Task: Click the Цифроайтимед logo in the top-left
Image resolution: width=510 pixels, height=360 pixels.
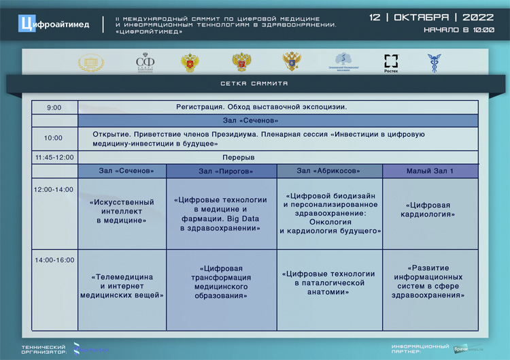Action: click(55, 24)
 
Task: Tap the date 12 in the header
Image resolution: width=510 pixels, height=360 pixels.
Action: click(375, 17)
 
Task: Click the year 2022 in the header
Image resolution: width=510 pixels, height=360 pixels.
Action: click(478, 17)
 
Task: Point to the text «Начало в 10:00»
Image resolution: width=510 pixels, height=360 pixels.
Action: click(458, 30)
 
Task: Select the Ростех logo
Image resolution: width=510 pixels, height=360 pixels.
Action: click(391, 63)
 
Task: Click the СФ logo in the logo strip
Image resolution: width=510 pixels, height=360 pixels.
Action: click(145, 63)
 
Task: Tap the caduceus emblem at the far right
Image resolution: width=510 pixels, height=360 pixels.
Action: click(433, 63)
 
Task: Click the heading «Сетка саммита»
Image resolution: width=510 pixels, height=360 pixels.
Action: click(254, 84)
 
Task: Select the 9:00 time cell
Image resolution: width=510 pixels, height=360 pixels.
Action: click(54, 108)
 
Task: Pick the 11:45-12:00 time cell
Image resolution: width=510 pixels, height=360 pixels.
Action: click(54, 157)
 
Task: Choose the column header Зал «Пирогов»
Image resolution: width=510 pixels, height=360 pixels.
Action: click(221, 171)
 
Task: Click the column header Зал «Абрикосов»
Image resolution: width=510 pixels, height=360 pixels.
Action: click(329, 171)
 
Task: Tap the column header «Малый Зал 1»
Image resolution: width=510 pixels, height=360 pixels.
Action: click(430, 171)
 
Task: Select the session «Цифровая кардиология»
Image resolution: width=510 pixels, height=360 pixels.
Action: click(430, 210)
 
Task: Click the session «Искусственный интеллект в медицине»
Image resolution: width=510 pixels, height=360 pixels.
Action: click(122, 212)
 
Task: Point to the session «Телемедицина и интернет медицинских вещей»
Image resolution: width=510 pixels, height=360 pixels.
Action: click(122, 287)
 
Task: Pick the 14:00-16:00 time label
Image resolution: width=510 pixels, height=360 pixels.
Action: click(54, 260)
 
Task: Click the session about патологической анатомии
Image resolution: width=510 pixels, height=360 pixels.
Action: click(329, 282)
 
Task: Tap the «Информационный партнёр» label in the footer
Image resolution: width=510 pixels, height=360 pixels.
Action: click(420, 348)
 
